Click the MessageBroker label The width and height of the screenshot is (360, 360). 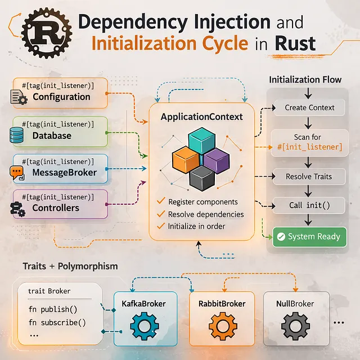click(x=64, y=172)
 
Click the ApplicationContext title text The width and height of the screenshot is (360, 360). click(x=201, y=117)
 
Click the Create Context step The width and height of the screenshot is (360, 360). click(x=309, y=107)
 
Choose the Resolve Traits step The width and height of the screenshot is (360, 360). click(x=309, y=176)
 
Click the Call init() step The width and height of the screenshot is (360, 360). click(x=309, y=205)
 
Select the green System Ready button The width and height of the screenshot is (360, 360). click(x=309, y=237)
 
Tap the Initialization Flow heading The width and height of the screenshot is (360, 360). click(x=305, y=79)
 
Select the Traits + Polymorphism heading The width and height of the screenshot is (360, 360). click(x=70, y=265)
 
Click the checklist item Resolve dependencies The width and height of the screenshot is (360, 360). click(x=206, y=214)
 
